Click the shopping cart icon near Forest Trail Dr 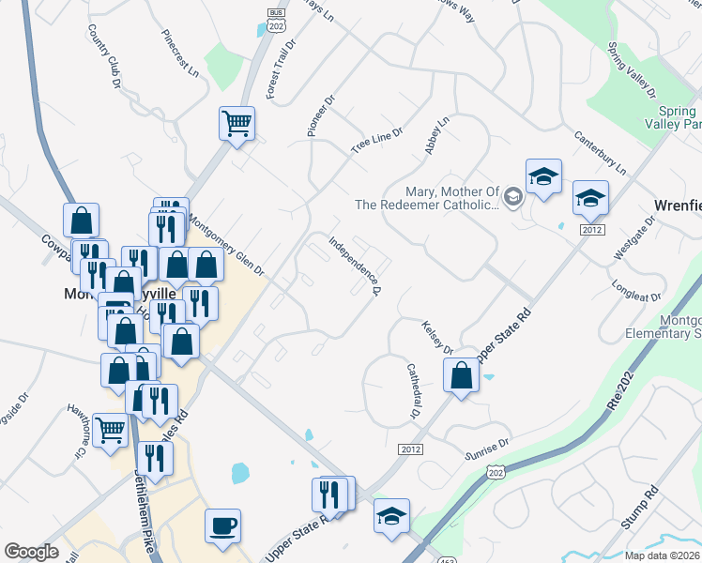coord(237,122)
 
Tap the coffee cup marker coord(222,525)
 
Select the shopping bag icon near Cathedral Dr coord(461,377)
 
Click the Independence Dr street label coord(354,266)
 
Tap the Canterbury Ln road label coord(600,153)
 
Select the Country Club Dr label coord(105,57)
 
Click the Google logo coord(31,552)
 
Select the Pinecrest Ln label coord(180,56)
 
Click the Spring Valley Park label coord(674,117)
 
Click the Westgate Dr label coord(630,236)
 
